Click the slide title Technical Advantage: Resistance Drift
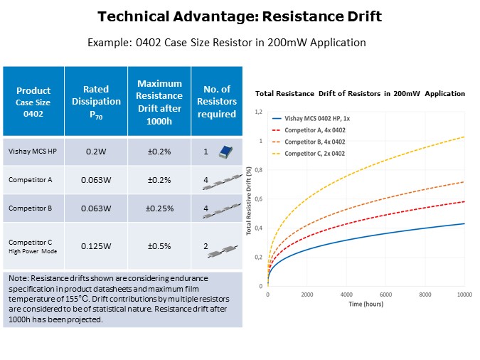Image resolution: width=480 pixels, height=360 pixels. pyautogui.click(x=240, y=17)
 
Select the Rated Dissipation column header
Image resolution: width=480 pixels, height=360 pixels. pyautogui.click(x=95, y=100)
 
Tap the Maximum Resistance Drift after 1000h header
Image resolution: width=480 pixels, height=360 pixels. pyautogui.click(x=159, y=100)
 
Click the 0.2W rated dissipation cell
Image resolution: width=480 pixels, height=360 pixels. pyautogui.click(x=95, y=152)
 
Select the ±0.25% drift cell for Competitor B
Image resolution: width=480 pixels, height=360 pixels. pyautogui.click(x=159, y=208)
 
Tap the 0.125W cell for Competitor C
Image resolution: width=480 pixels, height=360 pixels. pyautogui.click(x=95, y=245)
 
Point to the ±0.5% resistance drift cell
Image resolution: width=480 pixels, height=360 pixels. pyautogui.click(x=159, y=245)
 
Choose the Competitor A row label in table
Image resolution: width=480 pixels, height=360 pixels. pyautogui.click(x=30, y=180)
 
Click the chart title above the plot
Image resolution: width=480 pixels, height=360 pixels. pyautogui.click(x=360, y=94)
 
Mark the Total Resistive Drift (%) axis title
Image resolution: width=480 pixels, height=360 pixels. pyautogui.click(x=249, y=199)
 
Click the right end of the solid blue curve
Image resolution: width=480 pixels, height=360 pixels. pyautogui.click(x=464, y=223)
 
